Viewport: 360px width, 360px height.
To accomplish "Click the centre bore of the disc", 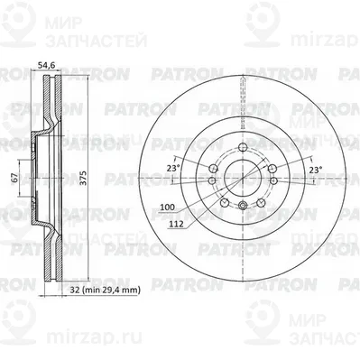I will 243,178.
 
